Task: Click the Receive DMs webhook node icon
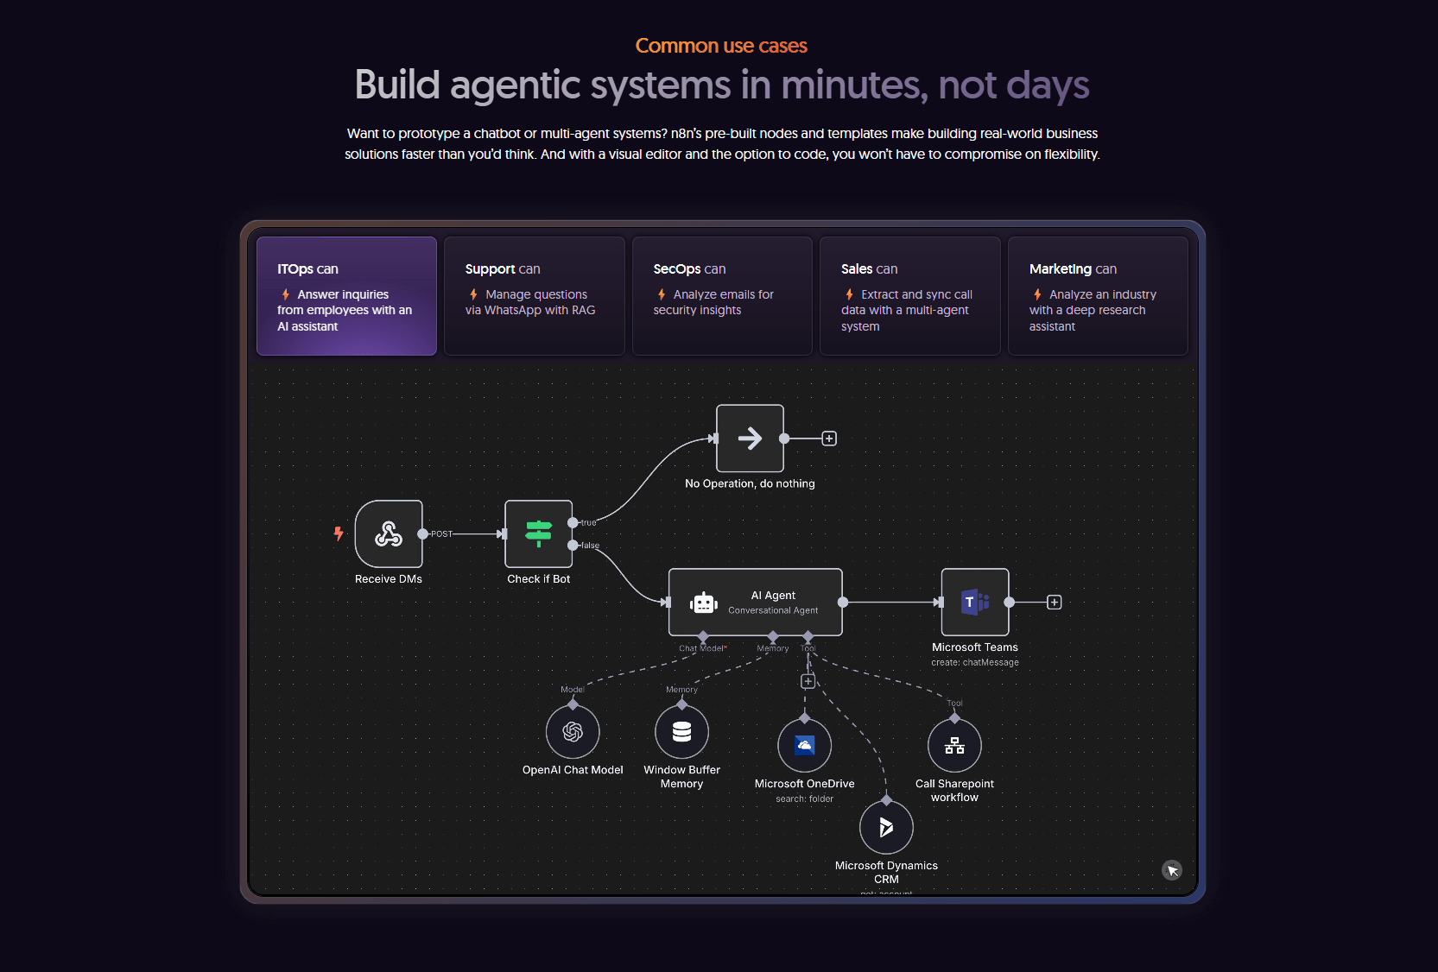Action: click(389, 534)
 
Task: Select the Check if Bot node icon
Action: click(539, 534)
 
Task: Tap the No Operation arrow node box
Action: click(750, 439)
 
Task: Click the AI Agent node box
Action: click(756, 603)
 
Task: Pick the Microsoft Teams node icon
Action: click(975, 603)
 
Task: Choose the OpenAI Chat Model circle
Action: click(573, 732)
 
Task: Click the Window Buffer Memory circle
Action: click(681, 732)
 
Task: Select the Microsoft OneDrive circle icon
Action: click(804, 746)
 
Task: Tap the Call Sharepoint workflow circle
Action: click(954, 746)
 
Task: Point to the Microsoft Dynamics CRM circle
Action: click(886, 828)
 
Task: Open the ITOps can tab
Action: click(346, 296)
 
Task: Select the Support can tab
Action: click(534, 296)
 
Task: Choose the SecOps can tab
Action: click(722, 296)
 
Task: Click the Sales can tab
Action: click(909, 296)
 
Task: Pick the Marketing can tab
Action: click(1098, 296)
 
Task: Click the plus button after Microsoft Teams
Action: click(1055, 603)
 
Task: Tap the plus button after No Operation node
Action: click(829, 439)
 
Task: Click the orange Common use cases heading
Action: click(721, 46)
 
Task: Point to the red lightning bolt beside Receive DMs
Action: click(339, 533)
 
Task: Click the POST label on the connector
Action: click(441, 534)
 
